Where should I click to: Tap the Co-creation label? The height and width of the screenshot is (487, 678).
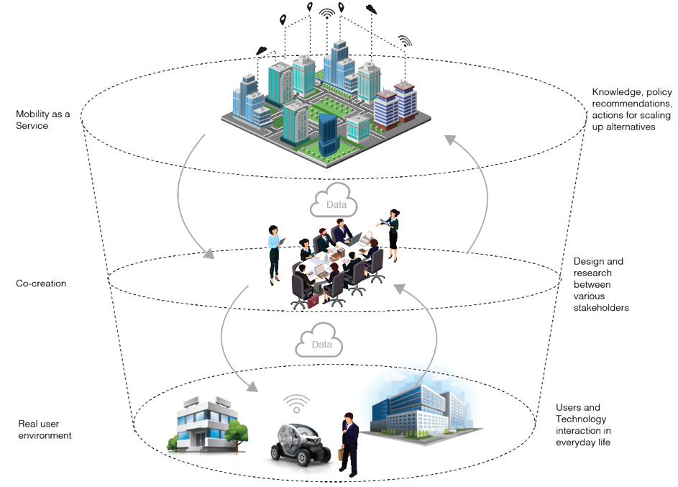[41, 283]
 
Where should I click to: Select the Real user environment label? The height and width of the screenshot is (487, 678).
[45, 429]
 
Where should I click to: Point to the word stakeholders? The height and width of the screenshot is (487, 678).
[601, 308]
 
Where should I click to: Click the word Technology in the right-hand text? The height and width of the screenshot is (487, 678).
[581, 419]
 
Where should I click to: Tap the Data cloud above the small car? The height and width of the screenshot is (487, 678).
[319, 343]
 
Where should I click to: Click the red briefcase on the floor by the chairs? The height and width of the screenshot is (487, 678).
[313, 300]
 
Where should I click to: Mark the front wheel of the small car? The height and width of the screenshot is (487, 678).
[280, 454]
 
